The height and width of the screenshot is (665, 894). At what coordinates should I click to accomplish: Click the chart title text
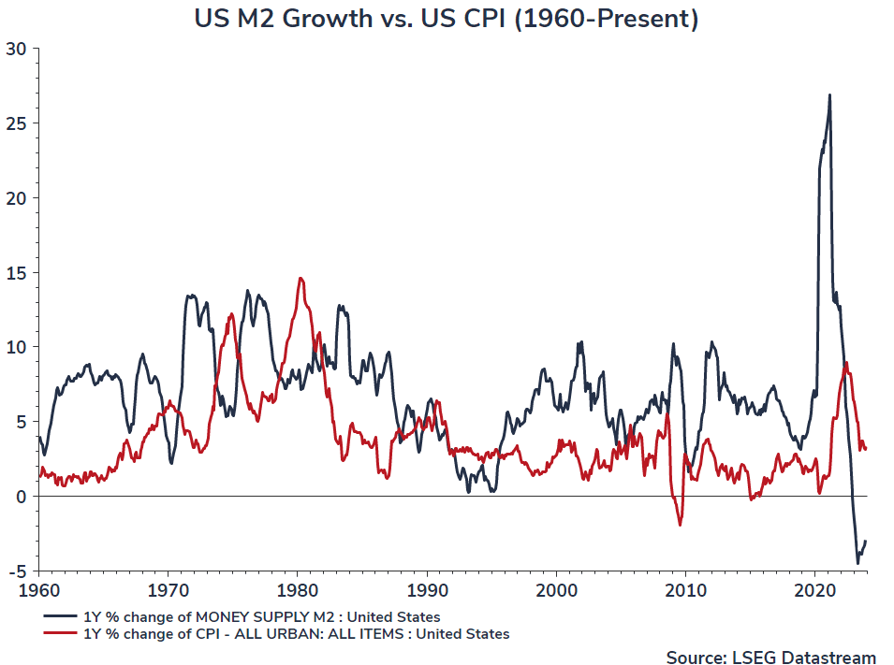446,19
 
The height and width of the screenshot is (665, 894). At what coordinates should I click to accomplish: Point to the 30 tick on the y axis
17,49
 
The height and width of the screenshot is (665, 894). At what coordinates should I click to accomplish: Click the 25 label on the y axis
17,123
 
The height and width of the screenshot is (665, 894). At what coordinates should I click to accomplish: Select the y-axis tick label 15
17,272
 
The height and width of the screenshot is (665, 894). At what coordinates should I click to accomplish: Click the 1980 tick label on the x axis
298,591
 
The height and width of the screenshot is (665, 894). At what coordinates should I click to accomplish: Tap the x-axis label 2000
556,591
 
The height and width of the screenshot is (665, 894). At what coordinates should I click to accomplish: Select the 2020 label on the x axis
814,591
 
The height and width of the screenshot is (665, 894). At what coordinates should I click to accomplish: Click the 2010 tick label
685,591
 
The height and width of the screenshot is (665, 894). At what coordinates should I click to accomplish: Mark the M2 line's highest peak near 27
829,94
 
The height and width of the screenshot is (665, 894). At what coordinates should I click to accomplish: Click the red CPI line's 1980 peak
300,278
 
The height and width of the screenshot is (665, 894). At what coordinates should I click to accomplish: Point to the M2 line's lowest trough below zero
857,563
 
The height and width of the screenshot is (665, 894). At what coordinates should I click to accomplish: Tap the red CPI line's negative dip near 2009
680,525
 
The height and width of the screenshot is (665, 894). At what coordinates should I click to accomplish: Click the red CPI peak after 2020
846,363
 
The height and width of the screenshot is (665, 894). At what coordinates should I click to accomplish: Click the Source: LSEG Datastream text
770,658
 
